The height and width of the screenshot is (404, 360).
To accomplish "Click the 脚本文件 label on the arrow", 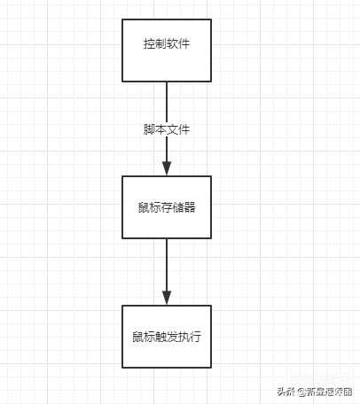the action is (x=167, y=129).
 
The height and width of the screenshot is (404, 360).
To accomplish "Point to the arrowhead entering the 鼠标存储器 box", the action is (x=167, y=168).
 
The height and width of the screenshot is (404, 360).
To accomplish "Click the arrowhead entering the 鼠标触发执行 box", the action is (x=167, y=298).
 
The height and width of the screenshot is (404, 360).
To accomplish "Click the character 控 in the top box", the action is (x=149, y=43).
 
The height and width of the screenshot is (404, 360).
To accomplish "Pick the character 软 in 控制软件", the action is (x=172, y=43).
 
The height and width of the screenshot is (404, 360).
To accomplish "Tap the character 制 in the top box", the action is (x=160, y=43).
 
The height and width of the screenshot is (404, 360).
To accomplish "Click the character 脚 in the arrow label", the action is (x=149, y=129).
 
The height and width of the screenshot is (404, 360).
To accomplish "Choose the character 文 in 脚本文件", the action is (x=172, y=129).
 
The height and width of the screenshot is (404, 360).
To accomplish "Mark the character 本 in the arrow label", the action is (x=160, y=129).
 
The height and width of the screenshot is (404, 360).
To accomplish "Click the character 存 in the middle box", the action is (x=167, y=207).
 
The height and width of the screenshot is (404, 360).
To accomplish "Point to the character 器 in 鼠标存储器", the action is (x=190, y=207).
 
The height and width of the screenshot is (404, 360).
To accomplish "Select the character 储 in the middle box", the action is (x=178, y=207).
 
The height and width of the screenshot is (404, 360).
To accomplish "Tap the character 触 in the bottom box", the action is (x=160, y=337).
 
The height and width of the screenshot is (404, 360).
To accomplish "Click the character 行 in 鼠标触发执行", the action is (x=196, y=337).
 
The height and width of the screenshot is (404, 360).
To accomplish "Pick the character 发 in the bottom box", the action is (x=172, y=337).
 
